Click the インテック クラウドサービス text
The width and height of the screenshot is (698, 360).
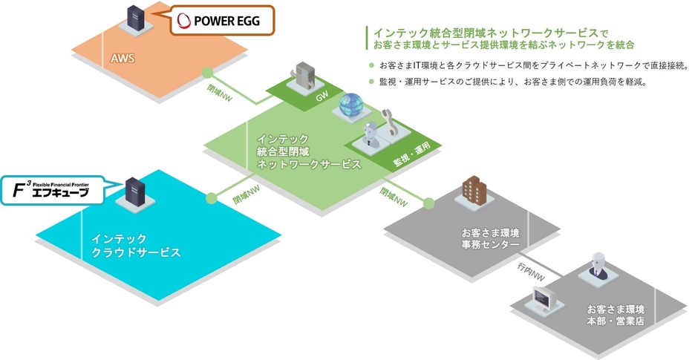pos(135,246)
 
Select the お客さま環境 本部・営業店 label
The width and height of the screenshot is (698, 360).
pos(615,315)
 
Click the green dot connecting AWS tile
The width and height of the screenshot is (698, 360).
pos(208,73)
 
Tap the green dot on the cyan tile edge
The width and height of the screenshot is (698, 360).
pos(212,198)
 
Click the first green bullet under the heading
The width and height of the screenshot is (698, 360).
pos(371,65)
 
